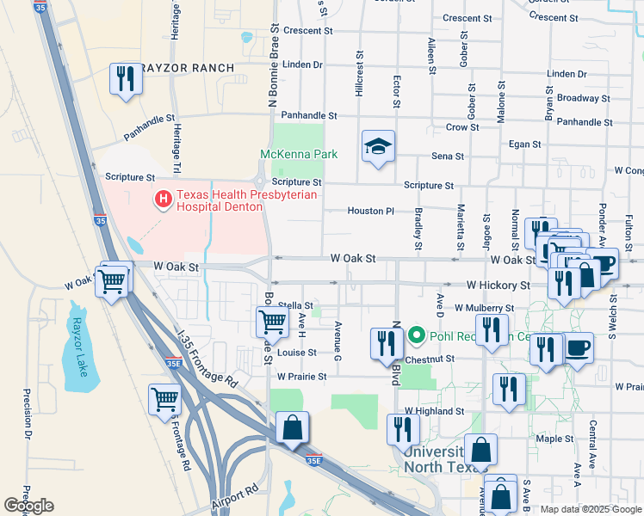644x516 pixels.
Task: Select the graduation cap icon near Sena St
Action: click(378, 148)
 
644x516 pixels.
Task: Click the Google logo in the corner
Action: click(28, 506)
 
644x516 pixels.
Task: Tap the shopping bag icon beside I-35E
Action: click(293, 429)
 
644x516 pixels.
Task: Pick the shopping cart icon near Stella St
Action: click(273, 322)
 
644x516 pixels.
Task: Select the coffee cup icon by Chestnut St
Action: click(578, 349)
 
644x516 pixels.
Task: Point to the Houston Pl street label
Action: click(370, 211)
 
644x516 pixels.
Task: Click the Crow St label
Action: click(462, 127)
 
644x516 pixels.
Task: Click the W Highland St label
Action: click(436, 413)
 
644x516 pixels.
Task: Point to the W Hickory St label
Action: click(498, 285)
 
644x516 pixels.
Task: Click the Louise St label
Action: click(297, 353)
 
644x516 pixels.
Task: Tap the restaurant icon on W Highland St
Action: click(403, 429)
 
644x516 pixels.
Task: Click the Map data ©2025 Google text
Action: click(591, 509)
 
